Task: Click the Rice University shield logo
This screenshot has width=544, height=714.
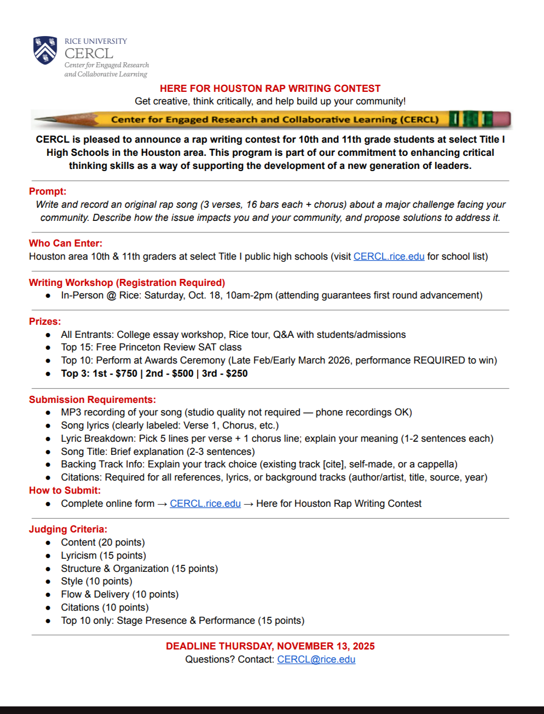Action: [x=45, y=50]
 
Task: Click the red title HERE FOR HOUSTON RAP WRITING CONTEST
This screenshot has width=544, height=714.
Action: [x=270, y=89]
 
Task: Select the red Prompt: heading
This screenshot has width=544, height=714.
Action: [x=48, y=191]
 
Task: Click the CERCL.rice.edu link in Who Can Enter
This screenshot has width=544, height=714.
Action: [x=389, y=256]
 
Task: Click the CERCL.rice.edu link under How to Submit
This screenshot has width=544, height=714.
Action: [x=205, y=504]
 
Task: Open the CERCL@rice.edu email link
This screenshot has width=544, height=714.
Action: [x=316, y=659]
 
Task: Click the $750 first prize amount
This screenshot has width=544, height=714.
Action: [x=126, y=373]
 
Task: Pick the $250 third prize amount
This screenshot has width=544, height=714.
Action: [x=236, y=373]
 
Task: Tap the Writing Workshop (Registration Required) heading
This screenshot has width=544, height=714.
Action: [x=127, y=283]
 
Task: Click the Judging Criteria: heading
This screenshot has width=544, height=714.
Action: [x=68, y=529]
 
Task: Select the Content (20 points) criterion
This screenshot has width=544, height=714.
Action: [x=103, y=542]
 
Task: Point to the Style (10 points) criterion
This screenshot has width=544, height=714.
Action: [x=96, y=581]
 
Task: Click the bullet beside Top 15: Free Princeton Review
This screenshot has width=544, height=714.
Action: [x=48, y=348]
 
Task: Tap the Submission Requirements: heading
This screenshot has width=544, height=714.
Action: [x=92, y=400]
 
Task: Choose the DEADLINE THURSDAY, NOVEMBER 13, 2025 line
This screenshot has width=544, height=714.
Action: [x=270, y=646]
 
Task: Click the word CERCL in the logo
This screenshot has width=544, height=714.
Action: [x=89, y=54]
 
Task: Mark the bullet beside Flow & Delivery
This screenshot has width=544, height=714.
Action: [x=48, y=595]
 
